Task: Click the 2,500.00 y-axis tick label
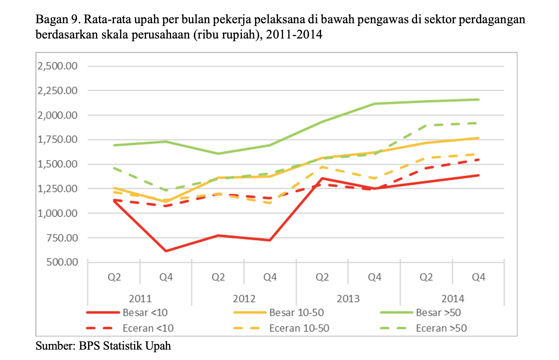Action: [57, 66]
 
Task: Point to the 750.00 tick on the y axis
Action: [62, 237]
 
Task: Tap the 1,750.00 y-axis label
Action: [57, 140]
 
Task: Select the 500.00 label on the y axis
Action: [62, 262]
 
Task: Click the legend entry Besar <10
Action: [127, 313]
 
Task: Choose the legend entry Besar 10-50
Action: [278, 313]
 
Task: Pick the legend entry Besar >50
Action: [420, 313]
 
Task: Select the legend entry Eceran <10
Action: [130, 328]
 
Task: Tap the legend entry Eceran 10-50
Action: [281, 328]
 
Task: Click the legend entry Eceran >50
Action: [423, 328]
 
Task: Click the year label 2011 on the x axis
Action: [140, 299]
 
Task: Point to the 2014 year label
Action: [452, 299]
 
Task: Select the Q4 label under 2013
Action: [374, 277]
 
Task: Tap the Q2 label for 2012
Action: [218, 277]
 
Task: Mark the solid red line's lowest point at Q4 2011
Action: [166, 251]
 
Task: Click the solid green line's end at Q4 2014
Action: [478, 99]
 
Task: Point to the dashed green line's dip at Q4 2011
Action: [166, 190]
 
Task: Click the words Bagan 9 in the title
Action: [57, 20]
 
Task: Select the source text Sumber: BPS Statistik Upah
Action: [103, 346]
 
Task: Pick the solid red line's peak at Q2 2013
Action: [322, 178]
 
